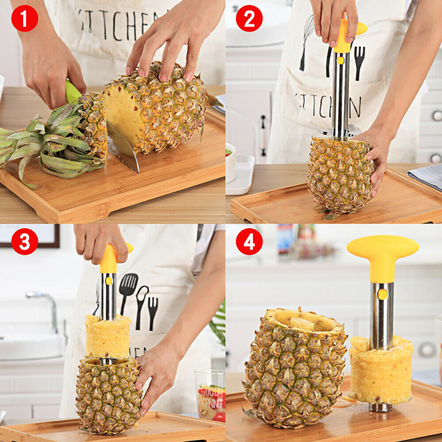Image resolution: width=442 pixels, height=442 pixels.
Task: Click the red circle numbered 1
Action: coord(24,18)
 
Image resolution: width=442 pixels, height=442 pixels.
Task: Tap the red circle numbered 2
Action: coord(249,18)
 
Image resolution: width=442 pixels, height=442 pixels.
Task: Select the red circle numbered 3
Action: coord(24,242)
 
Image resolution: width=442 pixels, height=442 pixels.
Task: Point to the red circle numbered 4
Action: coord(249,242)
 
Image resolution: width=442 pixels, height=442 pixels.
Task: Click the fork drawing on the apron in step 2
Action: coord(359,62)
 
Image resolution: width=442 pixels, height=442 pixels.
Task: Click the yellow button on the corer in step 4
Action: coord(382,294)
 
